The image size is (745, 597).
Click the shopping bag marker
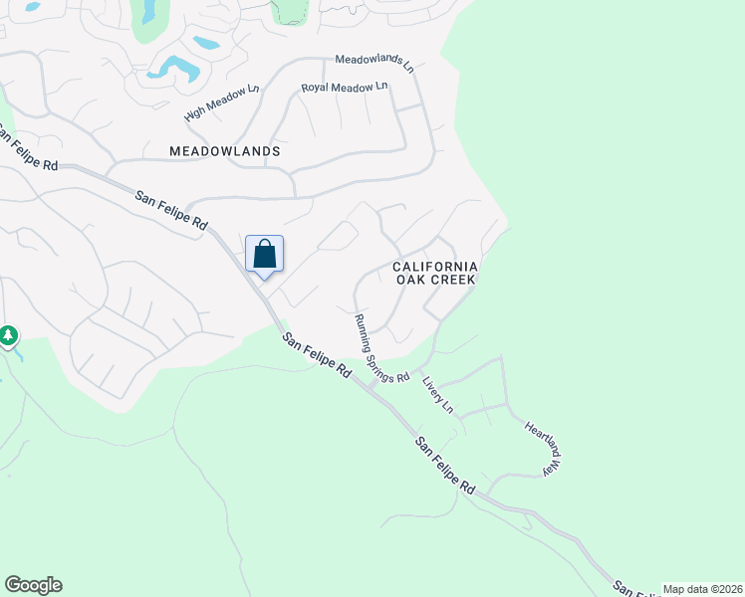(264, 254)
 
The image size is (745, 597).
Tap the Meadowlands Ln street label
(373, 61)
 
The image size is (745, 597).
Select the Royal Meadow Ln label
(345, 89)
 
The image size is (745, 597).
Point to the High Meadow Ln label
(221, 103)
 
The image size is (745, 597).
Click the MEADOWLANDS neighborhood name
(225, 151)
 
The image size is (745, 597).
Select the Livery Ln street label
(437, 394)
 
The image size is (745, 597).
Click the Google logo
(33, 585)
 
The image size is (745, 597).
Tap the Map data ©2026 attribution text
(702, 589)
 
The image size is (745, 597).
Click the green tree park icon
(8, 336)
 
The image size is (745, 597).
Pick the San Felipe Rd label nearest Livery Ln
(444, 465)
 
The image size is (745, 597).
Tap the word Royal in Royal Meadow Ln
(317, 90)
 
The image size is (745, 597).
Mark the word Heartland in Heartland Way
(538, 438)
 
